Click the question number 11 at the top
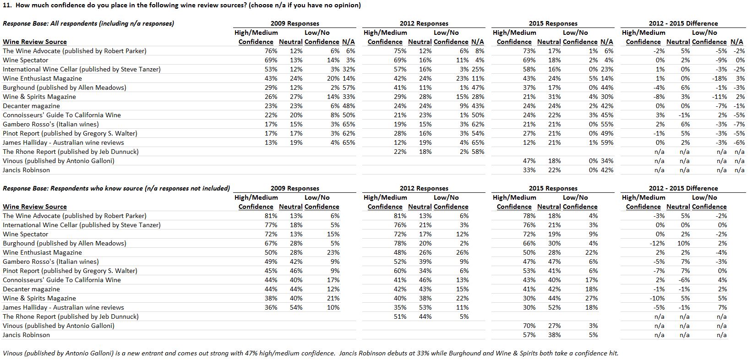[x=7, y=5]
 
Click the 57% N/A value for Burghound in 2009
[x=349, y=87]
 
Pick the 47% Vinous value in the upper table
[x=529, y=161]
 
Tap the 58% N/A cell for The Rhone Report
[x=478, y=152]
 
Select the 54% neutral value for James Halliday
[x=296, y=308]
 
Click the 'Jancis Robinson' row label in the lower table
[x=26, y=335]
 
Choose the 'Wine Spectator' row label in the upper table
[x=26, y=60]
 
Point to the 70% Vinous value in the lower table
[x=529, y=326]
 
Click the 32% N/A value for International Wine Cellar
[x=349, y=70]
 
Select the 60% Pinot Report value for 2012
[x=400, y=271]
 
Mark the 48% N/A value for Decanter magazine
[x=349, y=106]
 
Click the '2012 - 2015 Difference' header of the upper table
[x=683, y=23]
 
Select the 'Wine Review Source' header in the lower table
[x=35, y=207]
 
